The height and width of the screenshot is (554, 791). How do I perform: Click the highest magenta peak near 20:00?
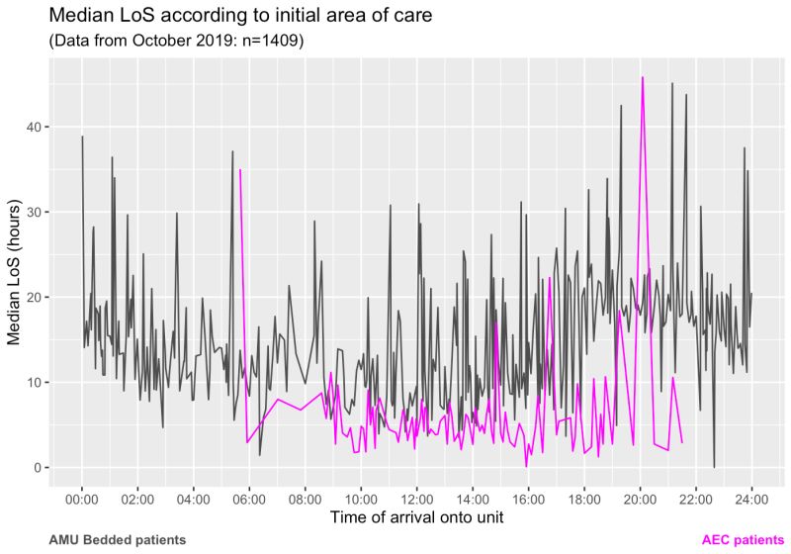click(x=643, y=77)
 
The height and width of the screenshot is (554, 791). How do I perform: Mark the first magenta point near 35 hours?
click(x=240, y=170)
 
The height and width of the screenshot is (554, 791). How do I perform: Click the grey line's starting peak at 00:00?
click(x=82, y=137)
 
